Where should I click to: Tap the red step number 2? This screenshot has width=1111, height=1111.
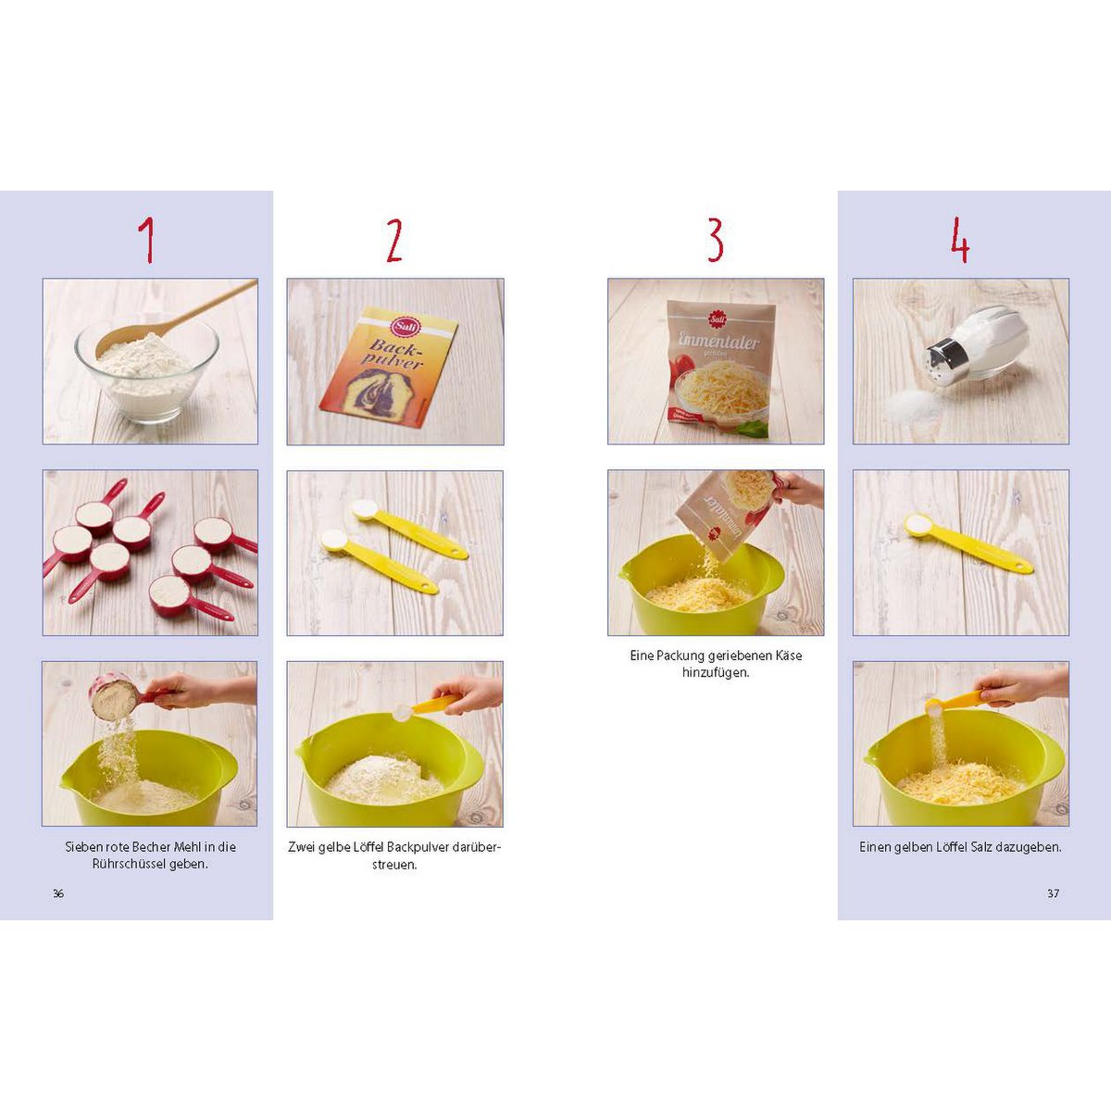394,241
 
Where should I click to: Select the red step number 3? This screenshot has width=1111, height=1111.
715,241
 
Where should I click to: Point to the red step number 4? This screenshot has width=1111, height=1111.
960,241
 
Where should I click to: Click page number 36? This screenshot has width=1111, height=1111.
58,893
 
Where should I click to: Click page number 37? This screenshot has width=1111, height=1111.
1053,893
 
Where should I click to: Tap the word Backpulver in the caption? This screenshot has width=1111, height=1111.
417,847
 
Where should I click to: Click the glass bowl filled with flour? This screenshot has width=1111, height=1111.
147,369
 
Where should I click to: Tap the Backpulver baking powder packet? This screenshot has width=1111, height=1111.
389,368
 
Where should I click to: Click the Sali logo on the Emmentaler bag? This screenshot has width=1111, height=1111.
717,318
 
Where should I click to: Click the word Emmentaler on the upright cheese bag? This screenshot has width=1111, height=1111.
718,340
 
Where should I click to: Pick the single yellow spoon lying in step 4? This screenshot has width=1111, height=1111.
968,543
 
